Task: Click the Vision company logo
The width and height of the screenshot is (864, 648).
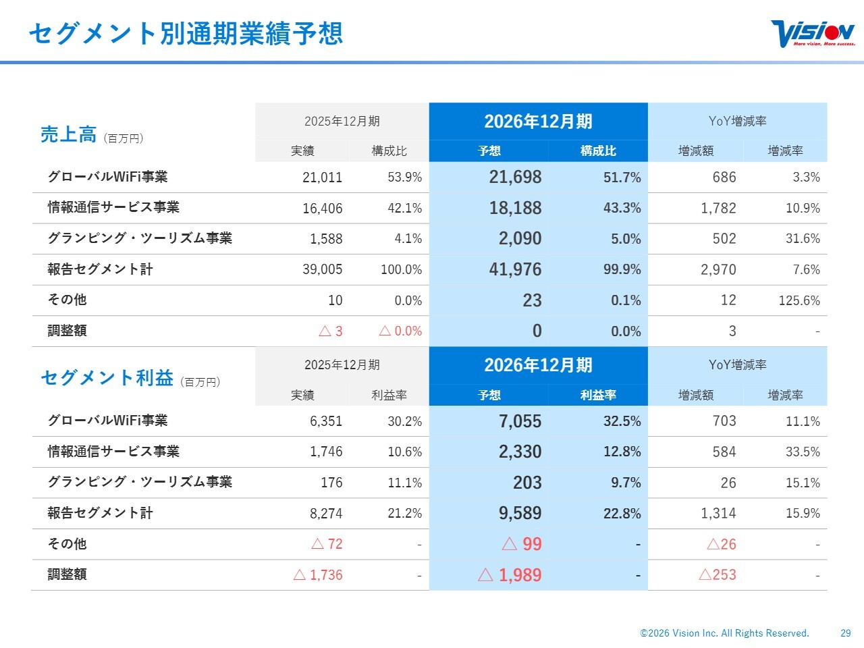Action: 812,33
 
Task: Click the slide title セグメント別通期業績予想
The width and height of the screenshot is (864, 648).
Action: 186,33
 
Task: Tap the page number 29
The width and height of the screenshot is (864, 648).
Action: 846,633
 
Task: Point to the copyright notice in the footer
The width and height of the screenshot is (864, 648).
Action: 724,633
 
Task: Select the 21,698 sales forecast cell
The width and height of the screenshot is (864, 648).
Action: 515,178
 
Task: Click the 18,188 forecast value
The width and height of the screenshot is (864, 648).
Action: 515,208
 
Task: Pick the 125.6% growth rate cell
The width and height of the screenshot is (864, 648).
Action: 799,300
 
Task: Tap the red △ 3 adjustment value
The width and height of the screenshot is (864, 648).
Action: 330,331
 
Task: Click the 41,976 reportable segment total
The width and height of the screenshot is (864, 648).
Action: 515,269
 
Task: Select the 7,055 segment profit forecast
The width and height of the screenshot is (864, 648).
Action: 520,421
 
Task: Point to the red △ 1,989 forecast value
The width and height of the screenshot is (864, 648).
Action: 510,575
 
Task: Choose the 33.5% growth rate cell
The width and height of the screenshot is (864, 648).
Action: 803,452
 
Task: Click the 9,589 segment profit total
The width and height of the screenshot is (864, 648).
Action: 520,514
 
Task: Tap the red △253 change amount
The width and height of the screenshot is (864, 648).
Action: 717,575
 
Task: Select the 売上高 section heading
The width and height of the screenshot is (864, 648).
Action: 68,134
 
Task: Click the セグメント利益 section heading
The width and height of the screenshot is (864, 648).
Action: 107,378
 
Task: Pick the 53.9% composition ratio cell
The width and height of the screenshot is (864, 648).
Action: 404,178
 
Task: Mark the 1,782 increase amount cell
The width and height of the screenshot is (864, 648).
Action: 718,208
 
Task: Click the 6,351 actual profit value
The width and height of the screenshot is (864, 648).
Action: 326,421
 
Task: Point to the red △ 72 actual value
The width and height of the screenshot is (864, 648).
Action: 327,544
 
